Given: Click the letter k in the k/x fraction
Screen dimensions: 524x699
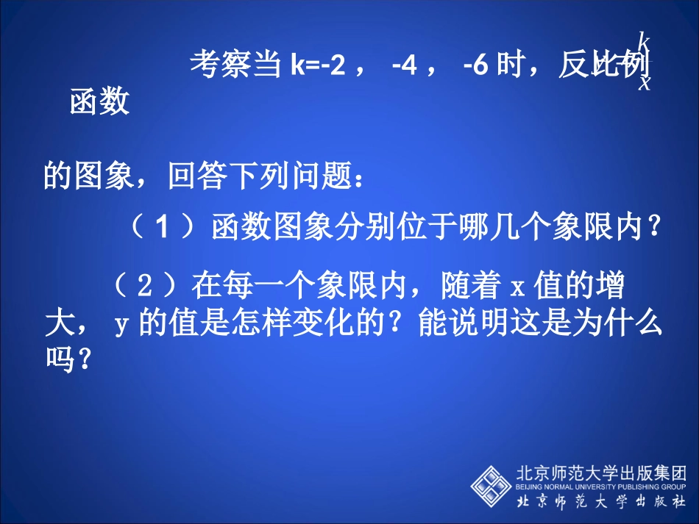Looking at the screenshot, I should (643, 40).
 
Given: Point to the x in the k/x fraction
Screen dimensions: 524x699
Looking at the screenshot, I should (645, 82).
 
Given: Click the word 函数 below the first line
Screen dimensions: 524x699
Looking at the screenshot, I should (99, 102).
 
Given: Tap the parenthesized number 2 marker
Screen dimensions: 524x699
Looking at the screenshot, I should (144, 284).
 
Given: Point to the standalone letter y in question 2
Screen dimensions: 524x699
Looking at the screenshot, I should (122, 324).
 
